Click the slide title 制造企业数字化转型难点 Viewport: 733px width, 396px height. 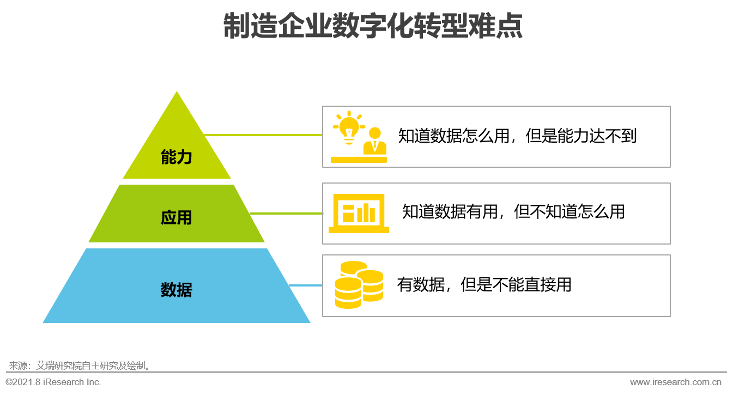point(373,26)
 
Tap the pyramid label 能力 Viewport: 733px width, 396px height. point(177,157)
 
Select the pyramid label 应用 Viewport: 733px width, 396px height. point(177,217)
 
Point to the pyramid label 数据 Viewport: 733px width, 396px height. point(177,290)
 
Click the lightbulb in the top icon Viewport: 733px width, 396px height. point(349,127)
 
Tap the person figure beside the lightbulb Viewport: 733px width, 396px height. point(375,141)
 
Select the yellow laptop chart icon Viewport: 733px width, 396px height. point(359,213)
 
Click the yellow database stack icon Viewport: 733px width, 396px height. point(359,285)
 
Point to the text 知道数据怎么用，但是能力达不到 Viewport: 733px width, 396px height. point(517,136)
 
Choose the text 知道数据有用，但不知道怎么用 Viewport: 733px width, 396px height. point(514,211)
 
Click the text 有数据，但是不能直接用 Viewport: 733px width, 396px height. point(484,284)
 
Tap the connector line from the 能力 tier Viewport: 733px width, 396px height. point(263,135)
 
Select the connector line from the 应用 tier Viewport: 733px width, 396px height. point(286,214)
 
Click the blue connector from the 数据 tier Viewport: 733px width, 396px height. point(306,285)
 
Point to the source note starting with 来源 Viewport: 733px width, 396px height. point(80,365)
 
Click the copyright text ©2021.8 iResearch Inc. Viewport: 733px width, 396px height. point(53,382)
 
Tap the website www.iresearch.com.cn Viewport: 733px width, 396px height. point(676,382)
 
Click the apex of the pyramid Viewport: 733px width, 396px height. point(177,91)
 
